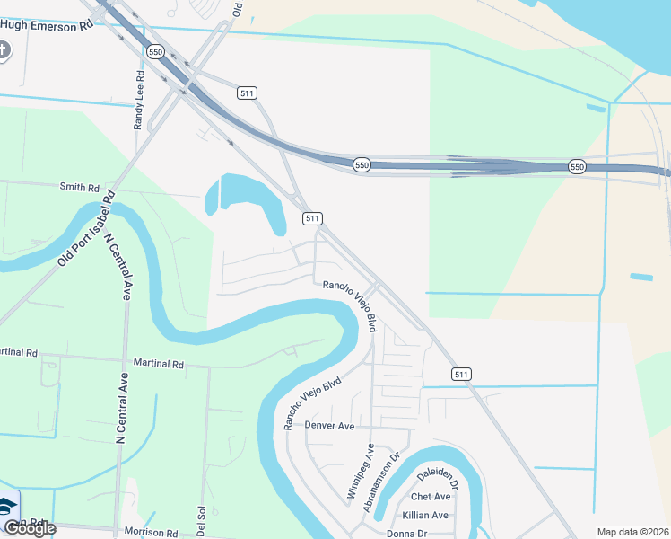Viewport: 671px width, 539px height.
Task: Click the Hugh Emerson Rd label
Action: click(x=50, y=26)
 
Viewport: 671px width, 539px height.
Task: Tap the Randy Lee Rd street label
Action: click(x=139, y=101)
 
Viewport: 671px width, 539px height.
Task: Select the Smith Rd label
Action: click(x=79, y=187)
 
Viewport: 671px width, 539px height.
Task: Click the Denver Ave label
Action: click(x=330, y=425)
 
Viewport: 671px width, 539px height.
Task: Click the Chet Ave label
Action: click(x=430, y=497)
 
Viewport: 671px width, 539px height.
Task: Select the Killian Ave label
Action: click(x=425, y=515)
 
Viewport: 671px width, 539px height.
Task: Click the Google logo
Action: click(x=30, y=528)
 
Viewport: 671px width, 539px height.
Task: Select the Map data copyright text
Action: click(x=632, y=532)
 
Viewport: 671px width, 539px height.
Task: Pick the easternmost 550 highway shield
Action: click(x=577, y=167)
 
